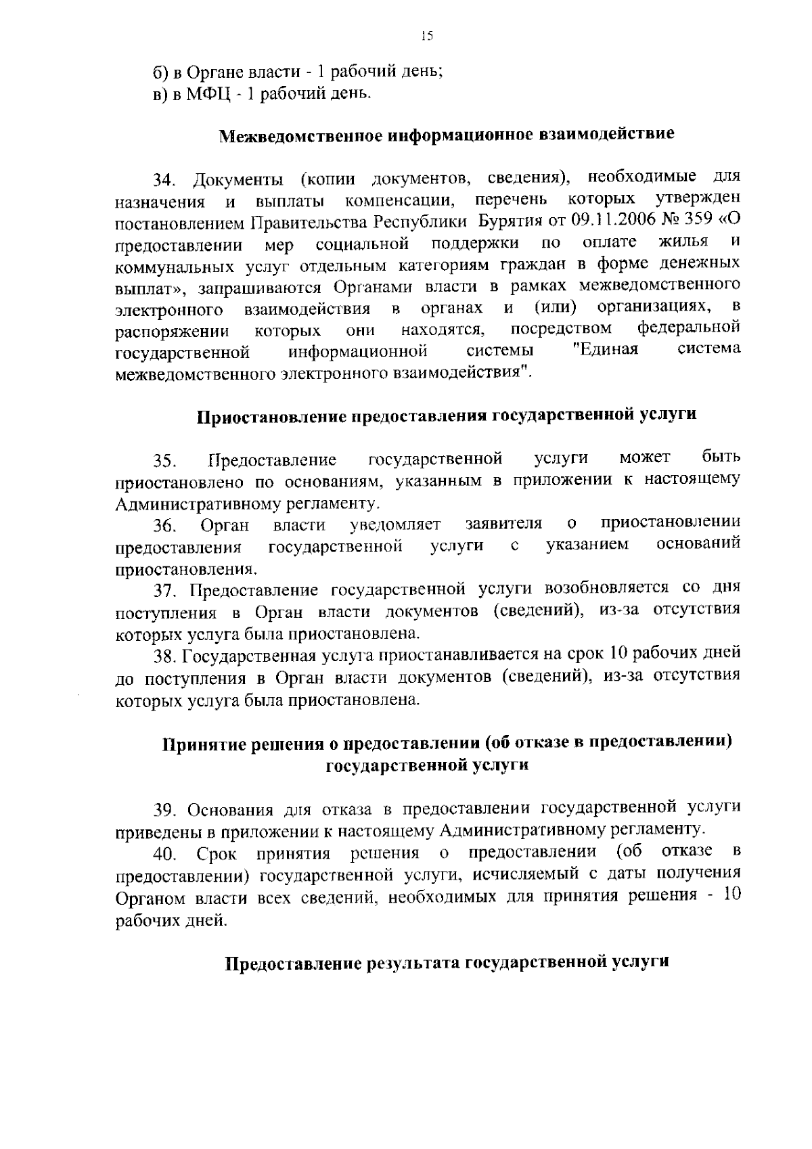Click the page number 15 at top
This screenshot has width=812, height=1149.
(x=426, y=37)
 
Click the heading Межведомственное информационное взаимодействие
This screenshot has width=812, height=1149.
(x=447, y=134)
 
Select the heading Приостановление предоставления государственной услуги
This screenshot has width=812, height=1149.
(x=447, y=415)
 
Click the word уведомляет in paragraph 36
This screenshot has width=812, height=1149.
(x=395, y=524)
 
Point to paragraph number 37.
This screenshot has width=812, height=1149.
(x=165, y=590)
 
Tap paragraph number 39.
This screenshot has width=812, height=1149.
(x=166, y=809)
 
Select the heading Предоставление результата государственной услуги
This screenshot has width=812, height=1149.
(x=447, y=962)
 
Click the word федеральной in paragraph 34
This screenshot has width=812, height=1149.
(x=688, y=328)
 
